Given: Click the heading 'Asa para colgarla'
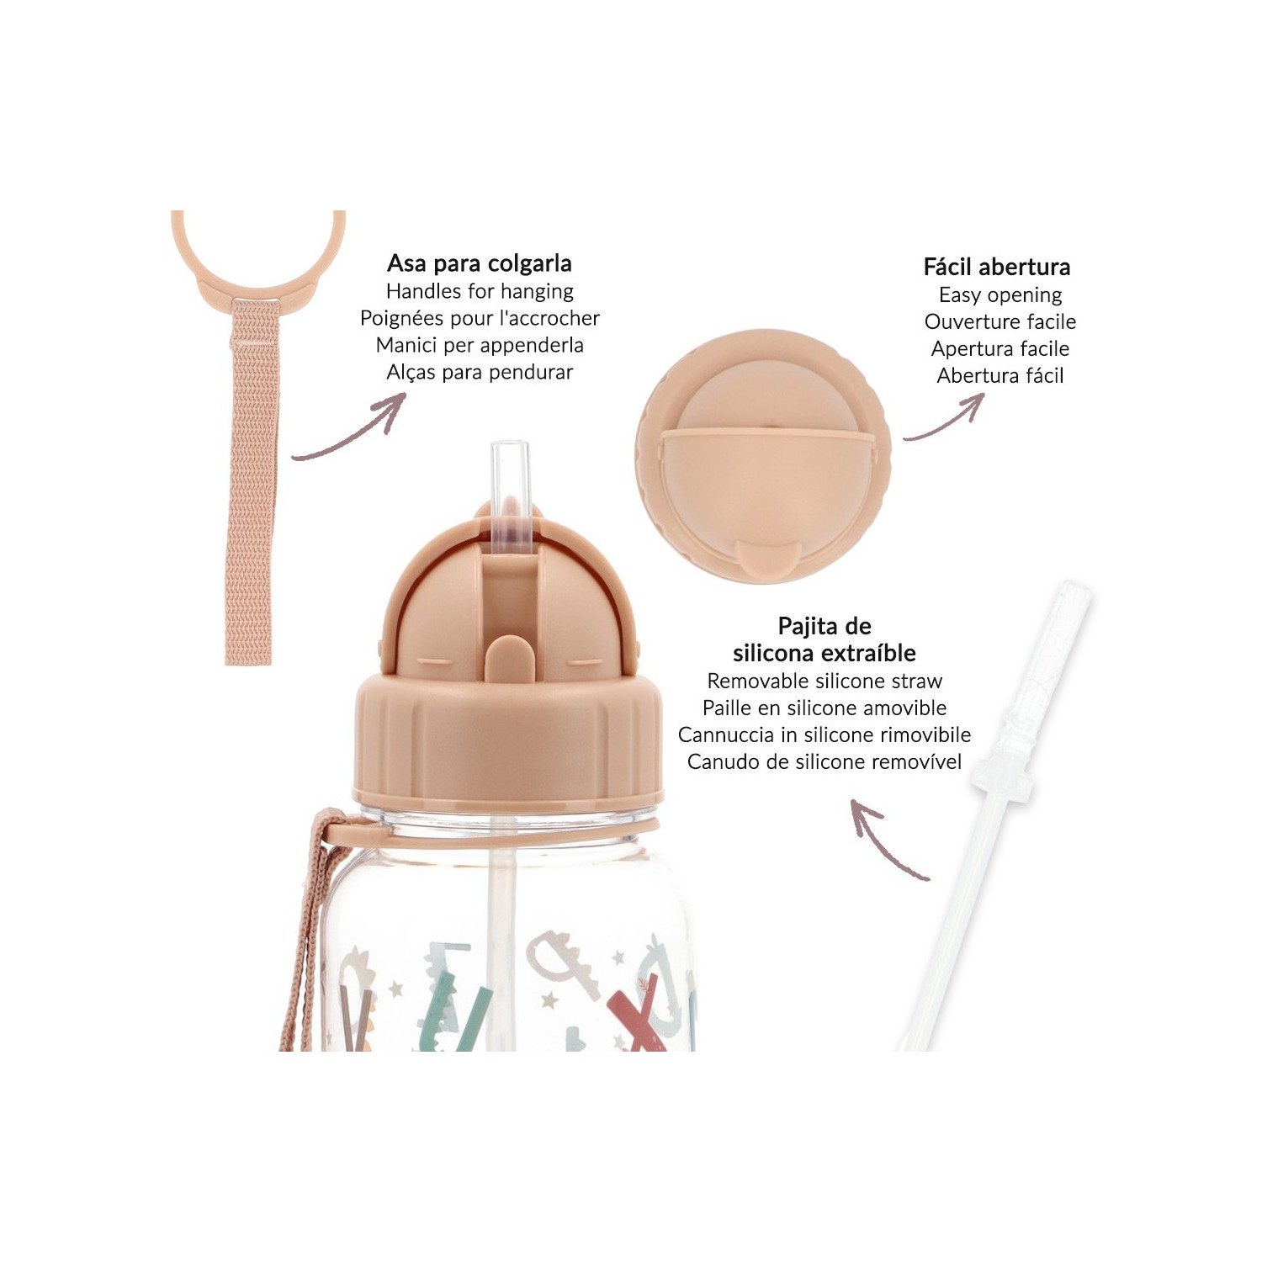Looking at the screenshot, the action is click(x=480, y=263).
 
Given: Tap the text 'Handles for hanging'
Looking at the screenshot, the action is click(x=480, y=291).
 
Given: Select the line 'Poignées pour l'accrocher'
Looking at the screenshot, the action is click(x=480, y=318).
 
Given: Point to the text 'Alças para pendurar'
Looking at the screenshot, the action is click(x=480, y=372).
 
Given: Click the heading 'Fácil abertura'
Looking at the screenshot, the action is click(x=997, y=267).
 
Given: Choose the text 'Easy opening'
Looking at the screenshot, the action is click(x=1000, y=295).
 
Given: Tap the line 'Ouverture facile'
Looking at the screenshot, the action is click(x=1000, y=321).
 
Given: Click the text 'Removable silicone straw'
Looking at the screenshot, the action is click(x=825, y=681).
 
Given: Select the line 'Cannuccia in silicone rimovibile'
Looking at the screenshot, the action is click(x=825, y=734).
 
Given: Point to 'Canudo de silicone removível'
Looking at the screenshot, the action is click(x=825, y=761).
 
